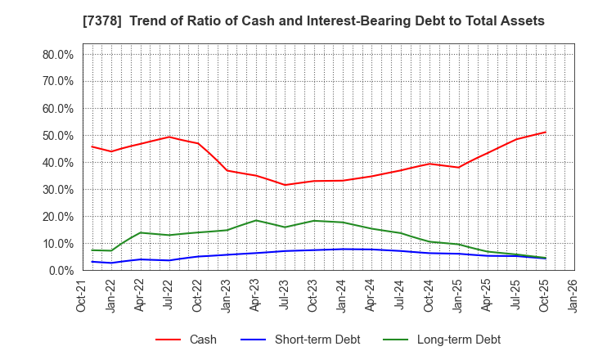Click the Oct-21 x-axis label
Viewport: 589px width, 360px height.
point(83,295)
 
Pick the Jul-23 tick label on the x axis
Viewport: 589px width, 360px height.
point(285,295)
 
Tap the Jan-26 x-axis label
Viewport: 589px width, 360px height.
point(573,295)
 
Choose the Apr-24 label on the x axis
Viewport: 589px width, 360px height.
point(371,295)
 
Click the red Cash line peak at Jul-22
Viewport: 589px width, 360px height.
point(169,137)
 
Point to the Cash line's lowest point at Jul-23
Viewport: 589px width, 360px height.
point(285,185)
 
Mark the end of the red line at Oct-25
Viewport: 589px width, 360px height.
point(545,133)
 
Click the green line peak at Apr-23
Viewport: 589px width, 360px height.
point(256,220)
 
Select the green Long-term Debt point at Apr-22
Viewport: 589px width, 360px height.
point(141,232)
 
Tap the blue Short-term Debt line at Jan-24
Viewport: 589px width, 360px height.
point(343,249)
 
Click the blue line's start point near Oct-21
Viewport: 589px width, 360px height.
point(92,262)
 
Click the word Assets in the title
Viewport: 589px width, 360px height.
point(521,20)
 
